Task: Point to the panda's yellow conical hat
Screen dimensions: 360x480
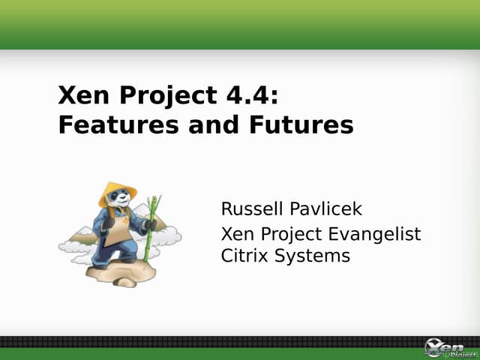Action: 117,190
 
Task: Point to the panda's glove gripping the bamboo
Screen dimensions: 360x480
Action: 151,225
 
